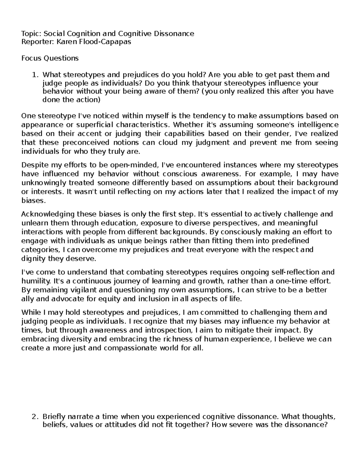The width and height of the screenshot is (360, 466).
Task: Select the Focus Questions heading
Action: (x=50, y=58)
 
